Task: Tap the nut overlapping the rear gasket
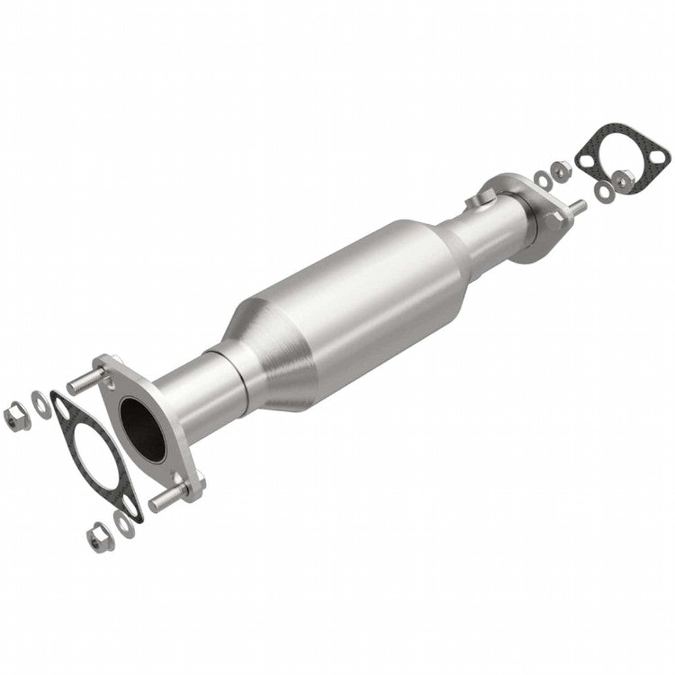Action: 622,179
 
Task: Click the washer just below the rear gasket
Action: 603,191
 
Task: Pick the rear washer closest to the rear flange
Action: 542,178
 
